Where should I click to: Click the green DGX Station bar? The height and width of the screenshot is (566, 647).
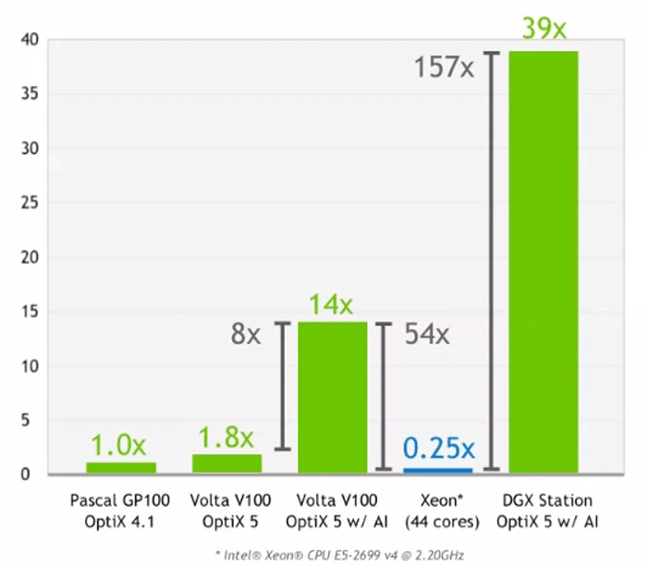543,262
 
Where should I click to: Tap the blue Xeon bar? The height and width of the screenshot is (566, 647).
438,470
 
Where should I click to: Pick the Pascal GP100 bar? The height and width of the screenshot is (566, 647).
121,467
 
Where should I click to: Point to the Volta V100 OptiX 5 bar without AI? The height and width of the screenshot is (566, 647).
227,464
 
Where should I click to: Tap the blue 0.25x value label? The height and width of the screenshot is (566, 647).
438,449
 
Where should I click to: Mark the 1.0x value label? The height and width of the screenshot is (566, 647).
121,445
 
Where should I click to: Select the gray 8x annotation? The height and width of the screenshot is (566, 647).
247,334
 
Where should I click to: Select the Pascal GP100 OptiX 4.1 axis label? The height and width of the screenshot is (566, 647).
120,512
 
